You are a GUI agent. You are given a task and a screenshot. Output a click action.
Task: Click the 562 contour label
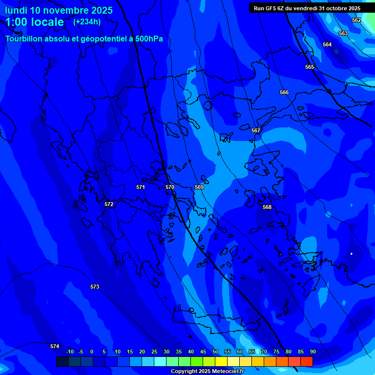pos(356,20)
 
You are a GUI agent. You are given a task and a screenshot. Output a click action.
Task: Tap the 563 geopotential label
pos(343,33)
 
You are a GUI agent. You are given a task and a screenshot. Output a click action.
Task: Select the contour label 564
pos(327,44)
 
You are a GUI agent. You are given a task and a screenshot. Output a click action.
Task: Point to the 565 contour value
pos(310,67)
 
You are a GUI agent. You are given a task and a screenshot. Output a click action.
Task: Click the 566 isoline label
pos(284,92)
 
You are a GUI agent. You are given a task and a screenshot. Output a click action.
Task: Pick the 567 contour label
pos(256,130)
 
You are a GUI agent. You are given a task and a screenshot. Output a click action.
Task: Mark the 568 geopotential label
pos(267,207)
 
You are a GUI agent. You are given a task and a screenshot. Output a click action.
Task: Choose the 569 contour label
pos(199,187)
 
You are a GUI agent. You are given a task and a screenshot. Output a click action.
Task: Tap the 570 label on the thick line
pos(170,187)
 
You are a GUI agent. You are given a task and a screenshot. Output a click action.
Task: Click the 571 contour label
pos(141,187)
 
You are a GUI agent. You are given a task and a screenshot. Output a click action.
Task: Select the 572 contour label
pos(109,204)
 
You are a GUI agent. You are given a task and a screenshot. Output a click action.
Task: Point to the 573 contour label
pos(95,287)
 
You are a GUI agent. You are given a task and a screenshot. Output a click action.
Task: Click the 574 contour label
pos(55,346)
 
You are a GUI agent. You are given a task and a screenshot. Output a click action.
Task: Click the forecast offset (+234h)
pos(86,21)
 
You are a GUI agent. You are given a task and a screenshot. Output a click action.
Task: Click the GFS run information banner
pos(307,8)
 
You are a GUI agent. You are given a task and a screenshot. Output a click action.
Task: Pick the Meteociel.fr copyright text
pos(207,371)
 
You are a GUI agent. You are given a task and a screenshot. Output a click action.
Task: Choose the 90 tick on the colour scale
pos(312,352)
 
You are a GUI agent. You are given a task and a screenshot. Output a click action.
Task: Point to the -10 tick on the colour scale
pos(70,352)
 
